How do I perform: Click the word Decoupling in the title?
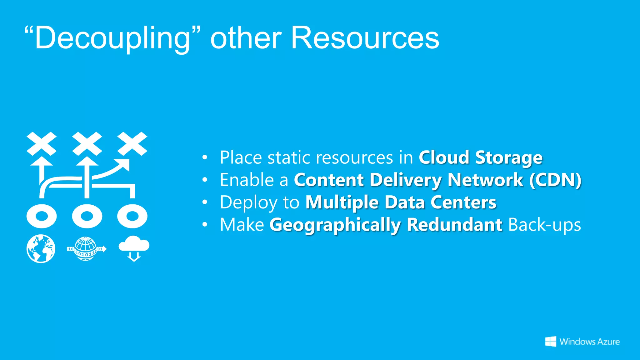[112, 38]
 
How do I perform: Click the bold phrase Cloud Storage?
[480, 157]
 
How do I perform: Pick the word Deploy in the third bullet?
[248, 202]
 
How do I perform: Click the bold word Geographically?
[335, 225]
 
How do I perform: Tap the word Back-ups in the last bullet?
[545, 225]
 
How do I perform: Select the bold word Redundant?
[455, 225]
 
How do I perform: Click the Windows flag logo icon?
[551, 342]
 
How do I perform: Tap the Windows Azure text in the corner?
[590, 342]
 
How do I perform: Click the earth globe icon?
[41, 249]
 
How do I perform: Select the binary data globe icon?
[86, 249]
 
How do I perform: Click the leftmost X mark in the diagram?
[42, 144]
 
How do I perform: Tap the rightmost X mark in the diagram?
[132, 144]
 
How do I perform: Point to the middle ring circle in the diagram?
[87, 216]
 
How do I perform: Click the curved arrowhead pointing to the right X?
[123, 164]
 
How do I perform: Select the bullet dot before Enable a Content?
[205, 180]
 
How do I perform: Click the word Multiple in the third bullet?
[342, 202]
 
